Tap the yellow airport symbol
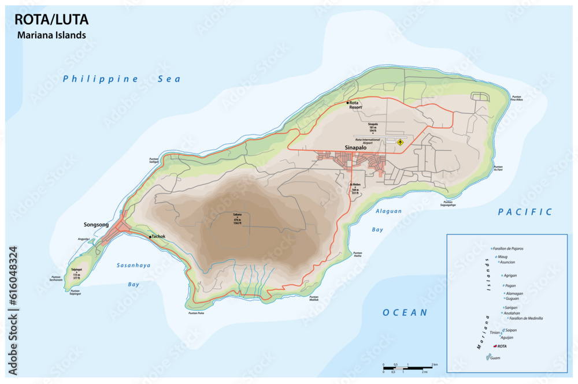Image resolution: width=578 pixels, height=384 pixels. click(x=399, y=141)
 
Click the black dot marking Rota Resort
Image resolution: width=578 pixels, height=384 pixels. click(x=348, y=103)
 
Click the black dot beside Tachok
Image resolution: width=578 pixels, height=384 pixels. click(x=150, y=237)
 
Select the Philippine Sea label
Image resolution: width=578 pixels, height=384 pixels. click(x=121, y=79)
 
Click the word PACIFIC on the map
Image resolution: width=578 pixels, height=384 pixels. click(x=525, y=212)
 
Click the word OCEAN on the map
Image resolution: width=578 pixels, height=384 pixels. click(x=405, y=312)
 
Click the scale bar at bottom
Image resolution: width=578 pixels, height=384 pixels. click(x=407, y=367)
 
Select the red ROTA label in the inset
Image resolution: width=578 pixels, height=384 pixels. click(x=502, y=346)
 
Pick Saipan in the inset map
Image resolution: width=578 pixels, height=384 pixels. click(x=510, y=330)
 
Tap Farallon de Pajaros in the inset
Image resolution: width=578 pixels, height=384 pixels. click(x=509, y=248)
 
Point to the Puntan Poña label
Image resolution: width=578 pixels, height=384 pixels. click(x=197, y=313)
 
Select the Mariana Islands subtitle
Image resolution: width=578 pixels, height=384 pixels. click(x=51, y=35)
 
